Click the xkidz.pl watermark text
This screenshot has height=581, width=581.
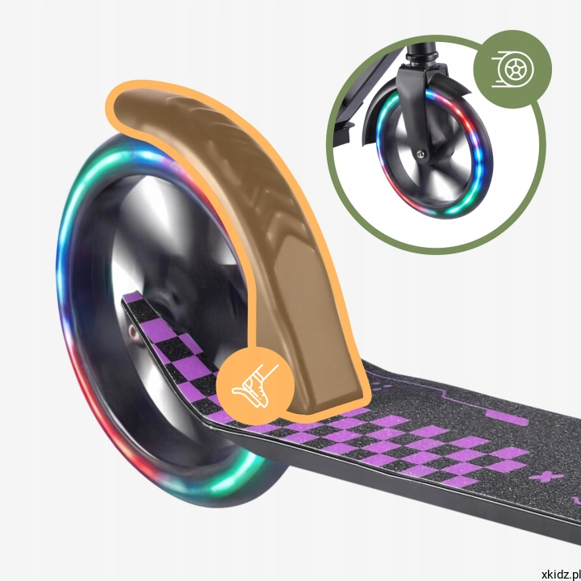(x=561, y=575)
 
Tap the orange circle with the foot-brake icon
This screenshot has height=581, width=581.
(x=255, y=386)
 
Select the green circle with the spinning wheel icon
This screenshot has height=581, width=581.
(x=512, y=69)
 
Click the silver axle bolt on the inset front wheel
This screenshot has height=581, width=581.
(x=420, y=153)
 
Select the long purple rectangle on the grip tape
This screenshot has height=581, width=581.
(x=507, y=417)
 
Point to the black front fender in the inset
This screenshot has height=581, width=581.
(x=374, y=111)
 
